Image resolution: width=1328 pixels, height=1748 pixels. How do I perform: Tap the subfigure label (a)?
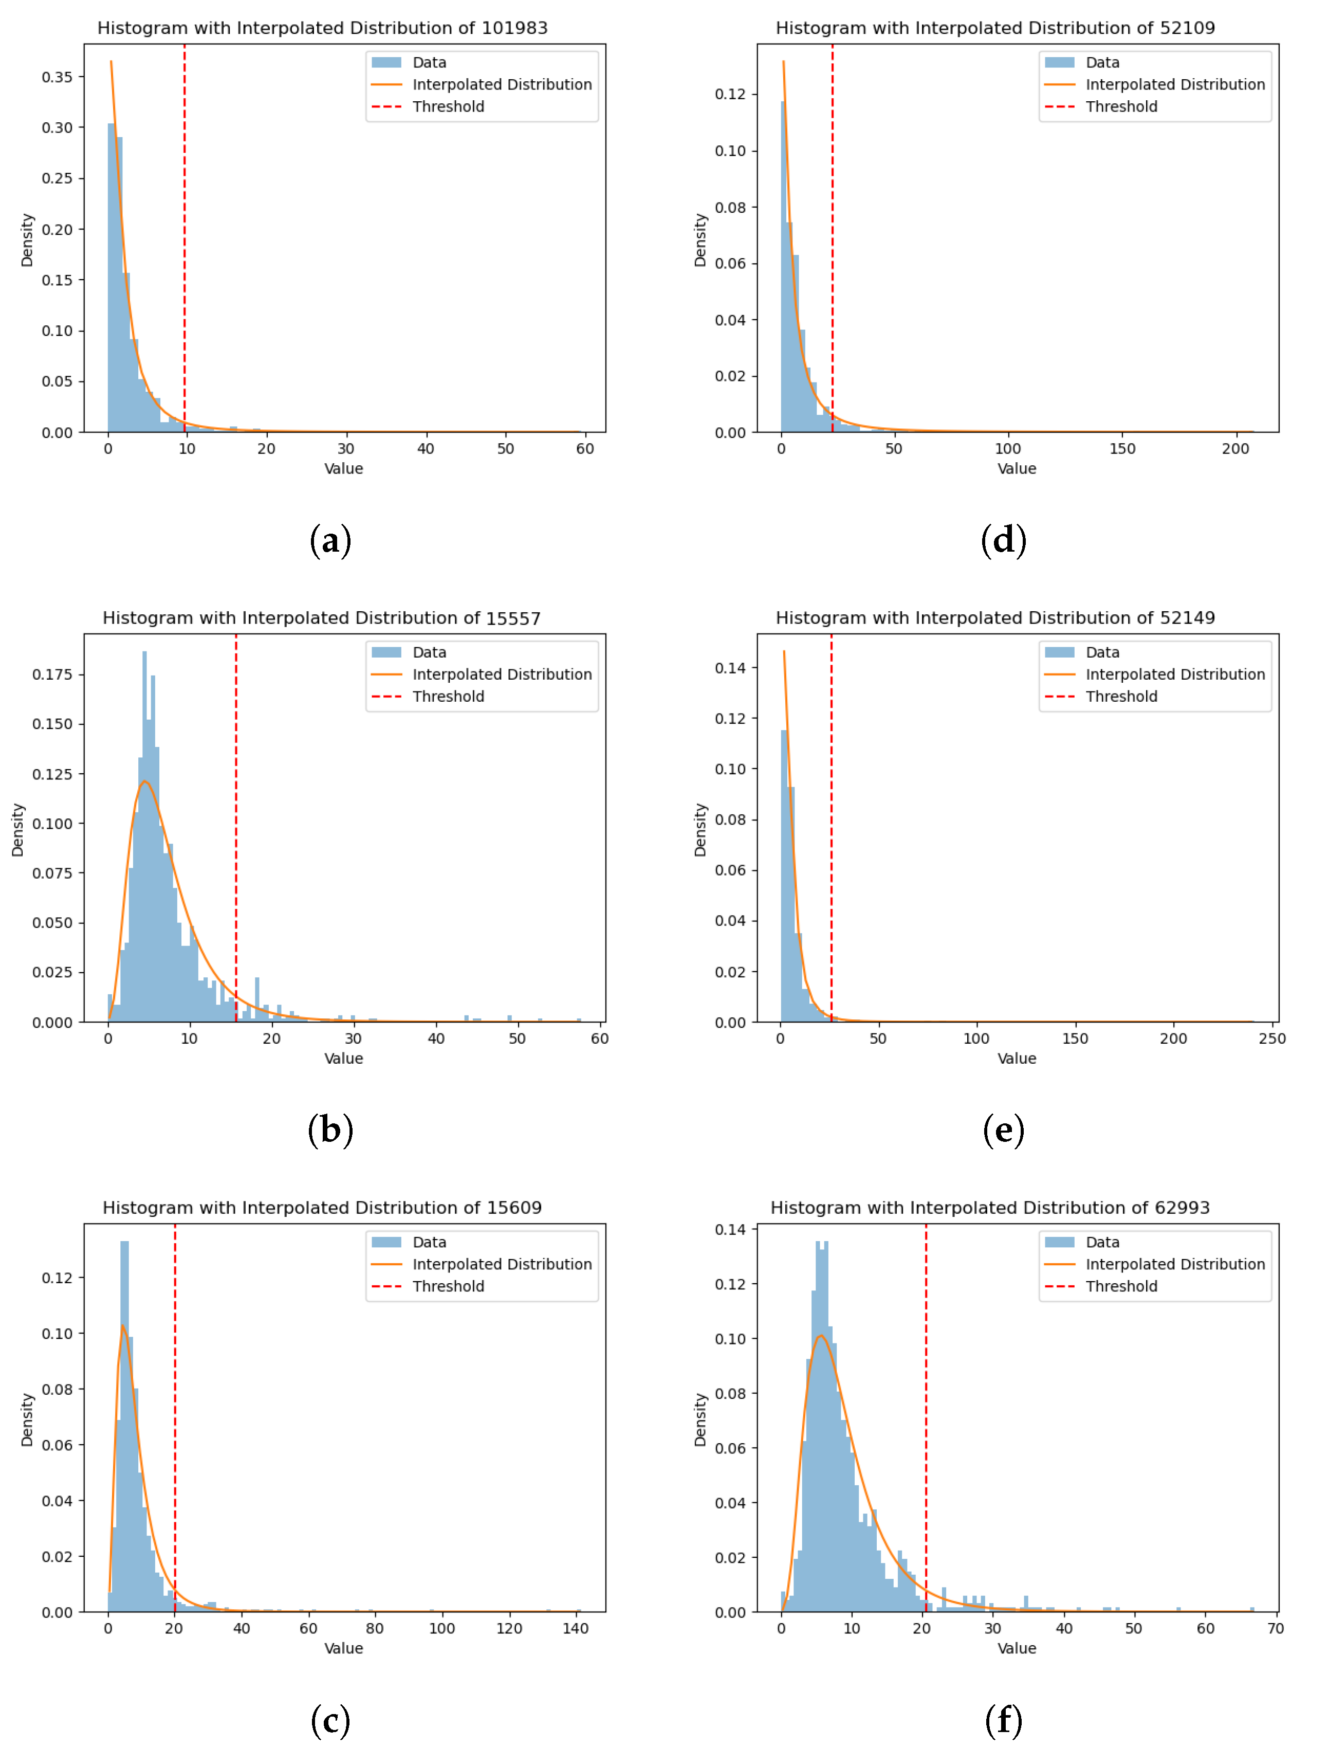coord(330,541)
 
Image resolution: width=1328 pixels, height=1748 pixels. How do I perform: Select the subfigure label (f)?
coord(1003,1720)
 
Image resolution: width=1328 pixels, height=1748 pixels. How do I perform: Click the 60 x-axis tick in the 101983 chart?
coord(585,449)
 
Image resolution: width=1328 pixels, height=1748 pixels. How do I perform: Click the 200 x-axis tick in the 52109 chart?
coord(1235,449)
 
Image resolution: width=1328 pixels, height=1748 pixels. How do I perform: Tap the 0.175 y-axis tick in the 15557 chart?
coord(52,675)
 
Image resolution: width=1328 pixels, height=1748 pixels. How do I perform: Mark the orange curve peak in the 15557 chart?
coord(144,782)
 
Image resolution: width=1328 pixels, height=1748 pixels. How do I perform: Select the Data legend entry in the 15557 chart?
coord(429,653)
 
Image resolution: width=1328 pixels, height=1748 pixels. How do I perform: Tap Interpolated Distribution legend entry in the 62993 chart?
coord(1175,1265)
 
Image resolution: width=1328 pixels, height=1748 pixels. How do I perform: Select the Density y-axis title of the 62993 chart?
coord(700,1421)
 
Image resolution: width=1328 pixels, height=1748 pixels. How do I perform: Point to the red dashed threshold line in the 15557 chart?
coord(235,830)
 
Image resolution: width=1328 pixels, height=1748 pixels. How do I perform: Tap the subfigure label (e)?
coord(1003,1131)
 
